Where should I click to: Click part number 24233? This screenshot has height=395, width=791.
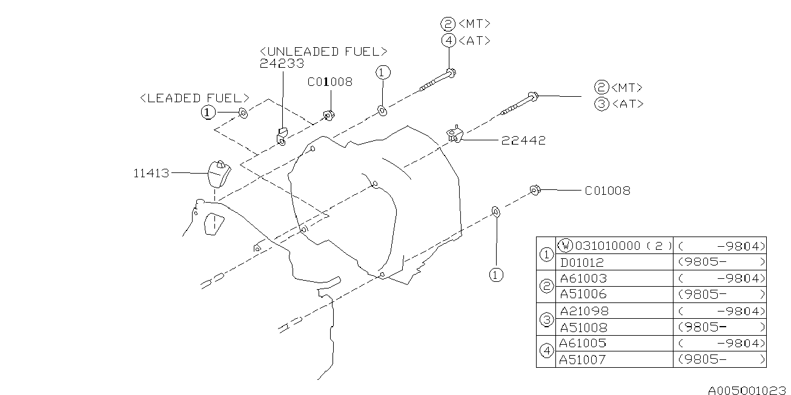(x=282, y=63)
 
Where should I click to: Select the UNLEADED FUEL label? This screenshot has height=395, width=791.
(x=323, y=51)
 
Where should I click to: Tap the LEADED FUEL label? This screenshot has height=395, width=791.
(x=194, y=97)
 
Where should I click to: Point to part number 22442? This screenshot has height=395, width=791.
(x=523, y=140)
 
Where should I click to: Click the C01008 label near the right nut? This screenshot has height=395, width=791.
(x=607, y=191)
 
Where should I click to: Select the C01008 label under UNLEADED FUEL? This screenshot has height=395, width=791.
(x=329, y=82)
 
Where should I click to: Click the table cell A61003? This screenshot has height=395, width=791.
(x=583, y=278)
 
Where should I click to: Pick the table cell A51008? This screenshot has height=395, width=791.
(x=583, y=327)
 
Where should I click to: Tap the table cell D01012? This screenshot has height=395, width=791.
(x=583, y=262)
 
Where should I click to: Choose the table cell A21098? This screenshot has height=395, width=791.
(x=584, y=311)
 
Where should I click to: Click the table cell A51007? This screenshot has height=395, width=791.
(x=583, y=359)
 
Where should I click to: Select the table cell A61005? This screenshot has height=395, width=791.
(x=583, y=343)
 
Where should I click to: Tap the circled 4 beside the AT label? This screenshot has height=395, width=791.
(x=448, y=41)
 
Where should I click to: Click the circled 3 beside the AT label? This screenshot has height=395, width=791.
(x=601, y=104)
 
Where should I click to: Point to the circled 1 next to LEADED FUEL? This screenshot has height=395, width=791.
(x=208, y=112)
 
